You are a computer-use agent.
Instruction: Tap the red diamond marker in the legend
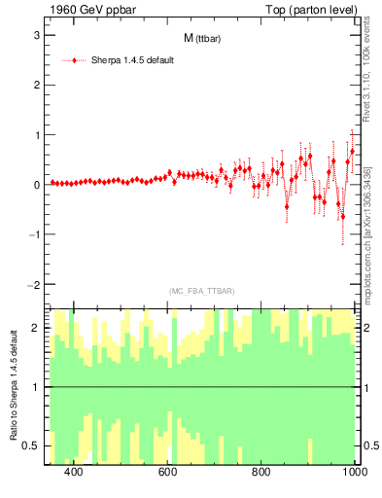coord(74,60)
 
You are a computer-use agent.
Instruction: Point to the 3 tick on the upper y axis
coord(36,35)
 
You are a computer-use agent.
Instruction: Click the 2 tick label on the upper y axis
coord(36,85)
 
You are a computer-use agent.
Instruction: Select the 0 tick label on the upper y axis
coord(36,185)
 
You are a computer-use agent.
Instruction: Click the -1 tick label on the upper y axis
coord(33,234)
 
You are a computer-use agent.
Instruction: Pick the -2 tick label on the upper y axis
coord(33,285)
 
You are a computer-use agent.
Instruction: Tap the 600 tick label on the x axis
coord(167,472)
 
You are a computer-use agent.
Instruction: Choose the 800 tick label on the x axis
coord(261,472)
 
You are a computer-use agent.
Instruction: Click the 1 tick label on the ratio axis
coord(36,387)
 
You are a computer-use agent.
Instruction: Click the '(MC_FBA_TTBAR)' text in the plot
coord(201,291)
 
